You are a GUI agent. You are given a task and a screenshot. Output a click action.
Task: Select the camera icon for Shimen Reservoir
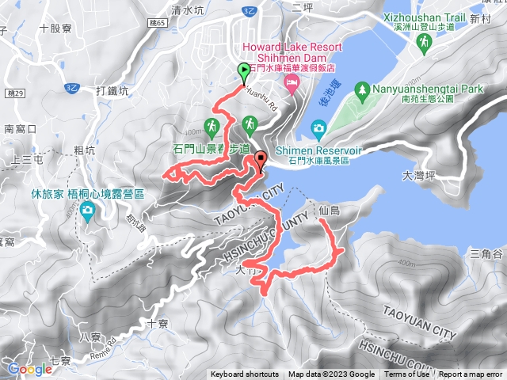pyautogui.click(x=318, y=127)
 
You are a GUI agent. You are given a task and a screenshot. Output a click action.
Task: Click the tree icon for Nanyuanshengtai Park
pyautogui.click(x=363, y=89)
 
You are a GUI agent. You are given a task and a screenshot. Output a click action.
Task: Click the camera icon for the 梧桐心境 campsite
pyautogui.click(x=86, y=210)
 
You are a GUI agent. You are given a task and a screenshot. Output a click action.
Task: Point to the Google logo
pyautogui.click(x=29, y=369)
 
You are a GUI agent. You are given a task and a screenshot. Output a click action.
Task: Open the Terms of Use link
pyautogui.click(x=406, y=374)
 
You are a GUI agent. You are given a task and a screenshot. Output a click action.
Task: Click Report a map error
pyautogui.click(x=471, y=374)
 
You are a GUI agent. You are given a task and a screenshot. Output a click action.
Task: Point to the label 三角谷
pyautogui.click(x=486, y=254)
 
